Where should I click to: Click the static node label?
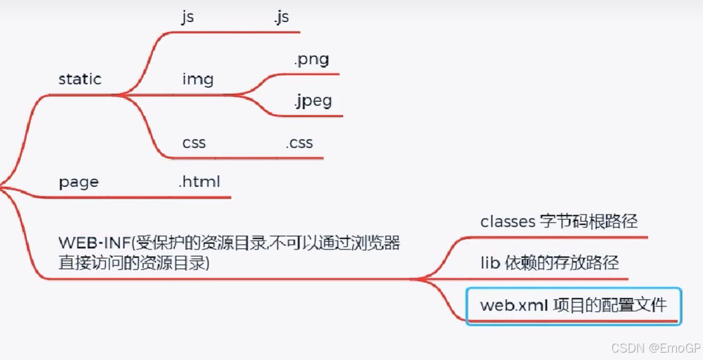click(x=80, y=79)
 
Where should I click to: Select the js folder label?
click(x=187, y=17)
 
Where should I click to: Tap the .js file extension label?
click(x=281, y=17)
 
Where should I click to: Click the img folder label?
click(x=197, y=79)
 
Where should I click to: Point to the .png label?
click(x=311, y=60)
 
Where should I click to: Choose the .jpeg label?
click(x=313, y=101)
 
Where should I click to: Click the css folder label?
click(x=194, y=143)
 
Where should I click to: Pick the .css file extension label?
click(x=299, y=143)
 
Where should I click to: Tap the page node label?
click(x=78, y=182)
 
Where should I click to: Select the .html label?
click(x=199, y=181)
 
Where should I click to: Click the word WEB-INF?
click(x=95, y=242)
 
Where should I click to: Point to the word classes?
click(x=507, y=222)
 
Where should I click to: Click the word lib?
click(x=490, y=263)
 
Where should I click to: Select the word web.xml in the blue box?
click(x=512, y=306)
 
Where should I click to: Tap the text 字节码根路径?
click(x=588, y=222)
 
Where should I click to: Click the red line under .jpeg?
click(x=315, y=116)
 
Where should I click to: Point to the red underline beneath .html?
click(x=201, y=197)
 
